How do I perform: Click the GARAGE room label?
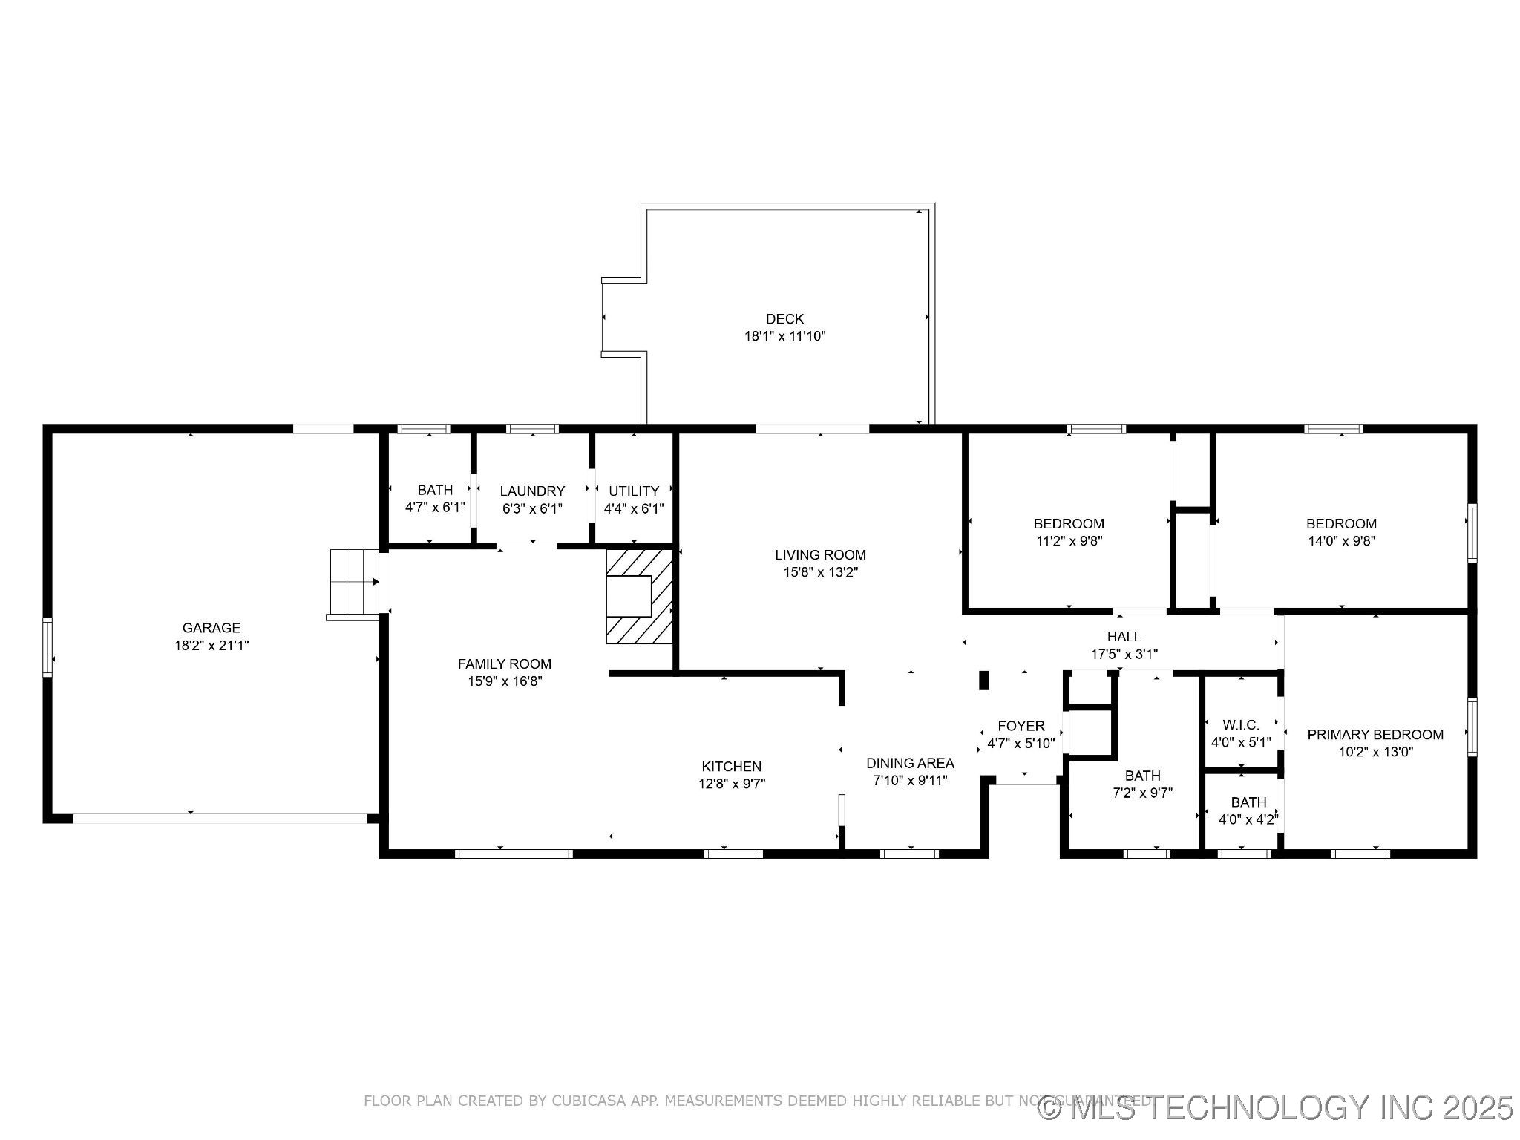coord(211,628)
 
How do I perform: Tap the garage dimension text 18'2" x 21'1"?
coord(211,646)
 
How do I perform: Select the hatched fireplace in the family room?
coord(639,596)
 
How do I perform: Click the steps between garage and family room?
coord(353,583)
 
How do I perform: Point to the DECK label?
coord(784,319)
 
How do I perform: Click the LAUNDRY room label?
coord(532,491)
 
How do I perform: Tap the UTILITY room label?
coord(634,491)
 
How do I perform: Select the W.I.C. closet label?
coord(1241,725)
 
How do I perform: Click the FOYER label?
coord(1021,726)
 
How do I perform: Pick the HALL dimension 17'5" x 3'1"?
coord(1124,655)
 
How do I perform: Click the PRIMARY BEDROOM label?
coord(1375,735)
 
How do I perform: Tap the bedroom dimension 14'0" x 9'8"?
coord(1341,541)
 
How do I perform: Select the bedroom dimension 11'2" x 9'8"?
coord(1069,541)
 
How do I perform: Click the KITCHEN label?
coord(731,767)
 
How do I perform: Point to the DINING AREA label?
coord(910,763)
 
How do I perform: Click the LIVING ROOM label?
coord(820,555)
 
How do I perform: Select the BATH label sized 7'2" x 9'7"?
coord(1142,776)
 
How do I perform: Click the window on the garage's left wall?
coord(47,647)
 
